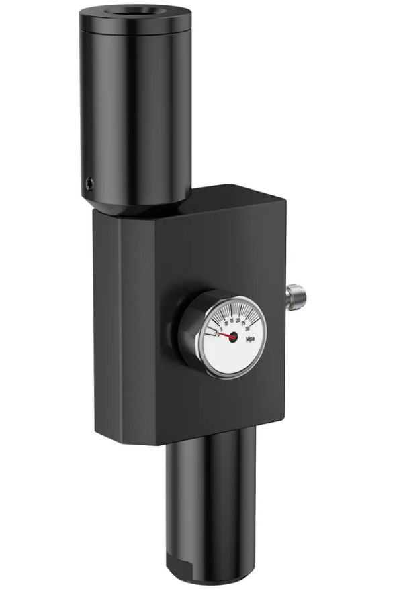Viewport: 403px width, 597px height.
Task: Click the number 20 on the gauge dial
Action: click(x=238, y=321)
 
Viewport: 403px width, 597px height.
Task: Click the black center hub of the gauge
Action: click(x=233, y=337)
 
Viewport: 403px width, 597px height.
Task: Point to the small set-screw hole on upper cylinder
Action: click(x=90, y=181)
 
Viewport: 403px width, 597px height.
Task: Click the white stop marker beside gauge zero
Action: click(x=212, y=331)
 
